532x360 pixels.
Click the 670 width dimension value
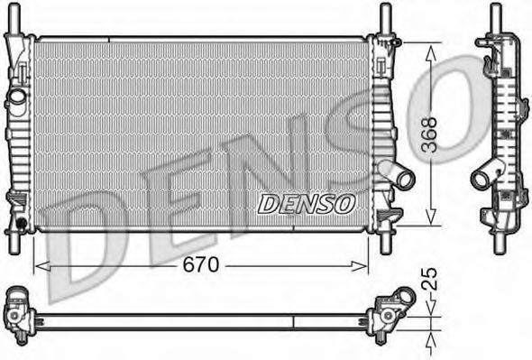(201, 265)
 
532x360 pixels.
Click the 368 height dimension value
(429, 134)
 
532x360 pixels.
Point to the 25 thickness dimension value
(429, 279)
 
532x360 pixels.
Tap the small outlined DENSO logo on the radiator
(306, 204)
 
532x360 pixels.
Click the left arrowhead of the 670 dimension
(42, 266)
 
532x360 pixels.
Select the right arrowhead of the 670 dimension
(359, 266)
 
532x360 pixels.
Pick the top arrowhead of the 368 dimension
(431, 53)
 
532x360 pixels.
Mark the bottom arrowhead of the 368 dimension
(431, 216)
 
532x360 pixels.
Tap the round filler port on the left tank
(17, 97)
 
